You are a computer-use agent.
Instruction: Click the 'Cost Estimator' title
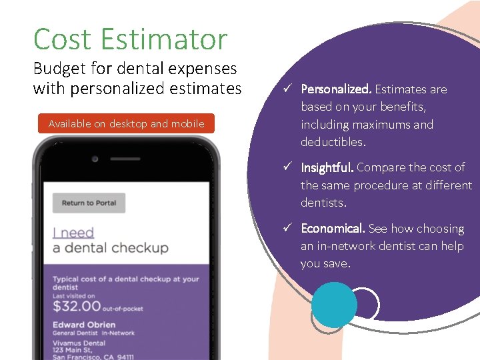coord(130,39)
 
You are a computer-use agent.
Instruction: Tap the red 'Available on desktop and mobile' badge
coord(126,124)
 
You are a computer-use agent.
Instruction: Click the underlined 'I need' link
coord(73,233)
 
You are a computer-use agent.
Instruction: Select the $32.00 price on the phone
coord(77,307)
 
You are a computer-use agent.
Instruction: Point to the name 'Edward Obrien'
coord(84,325)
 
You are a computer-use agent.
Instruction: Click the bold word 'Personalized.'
coord(336,89)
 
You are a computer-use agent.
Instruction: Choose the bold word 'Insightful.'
coord(327,167)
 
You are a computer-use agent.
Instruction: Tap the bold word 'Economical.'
coord(333,229)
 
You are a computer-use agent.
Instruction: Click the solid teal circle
coord(335,305)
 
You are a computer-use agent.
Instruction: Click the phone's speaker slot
coord(126,159)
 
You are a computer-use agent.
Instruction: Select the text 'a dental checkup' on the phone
coord(110,248)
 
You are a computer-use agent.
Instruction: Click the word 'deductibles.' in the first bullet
coord(334,142)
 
